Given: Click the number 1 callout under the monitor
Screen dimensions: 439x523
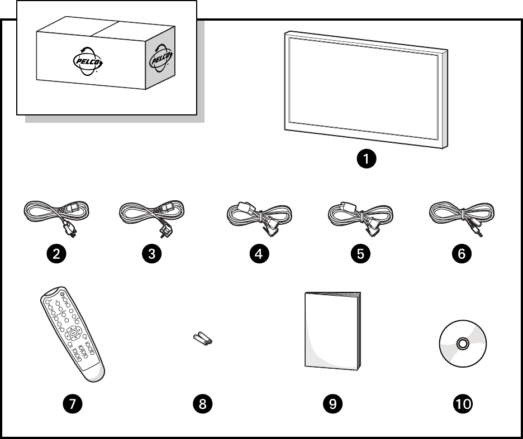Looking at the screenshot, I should point(367,160).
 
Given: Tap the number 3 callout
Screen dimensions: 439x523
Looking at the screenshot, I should point(152,254).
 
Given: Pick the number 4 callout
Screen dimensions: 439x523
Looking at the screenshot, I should point(259,254).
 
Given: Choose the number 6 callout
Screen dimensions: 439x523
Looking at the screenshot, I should point(462,254).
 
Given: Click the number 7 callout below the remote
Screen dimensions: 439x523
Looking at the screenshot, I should point(72,403).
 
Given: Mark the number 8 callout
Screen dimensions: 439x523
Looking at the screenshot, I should point(203,403).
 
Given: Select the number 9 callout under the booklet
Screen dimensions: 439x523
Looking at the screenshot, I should point(333,403).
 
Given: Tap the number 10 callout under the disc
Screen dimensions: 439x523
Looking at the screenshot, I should point(462,403).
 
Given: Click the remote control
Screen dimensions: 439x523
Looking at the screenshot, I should point(72,335).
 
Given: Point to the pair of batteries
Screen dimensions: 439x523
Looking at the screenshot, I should point(202,339).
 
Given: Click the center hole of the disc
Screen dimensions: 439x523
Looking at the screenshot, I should point(463,344).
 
